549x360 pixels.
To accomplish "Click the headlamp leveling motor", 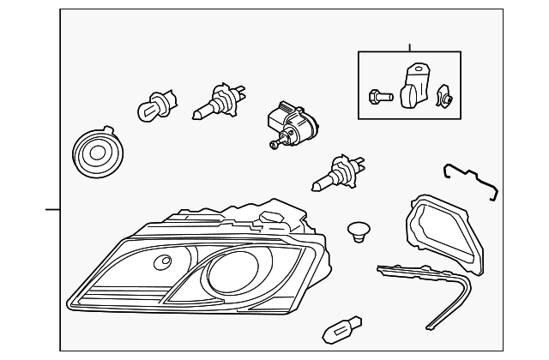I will [289, 123].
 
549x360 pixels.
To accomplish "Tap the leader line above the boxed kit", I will [410, 47].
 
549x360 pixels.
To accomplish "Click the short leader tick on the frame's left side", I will [53, 208].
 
